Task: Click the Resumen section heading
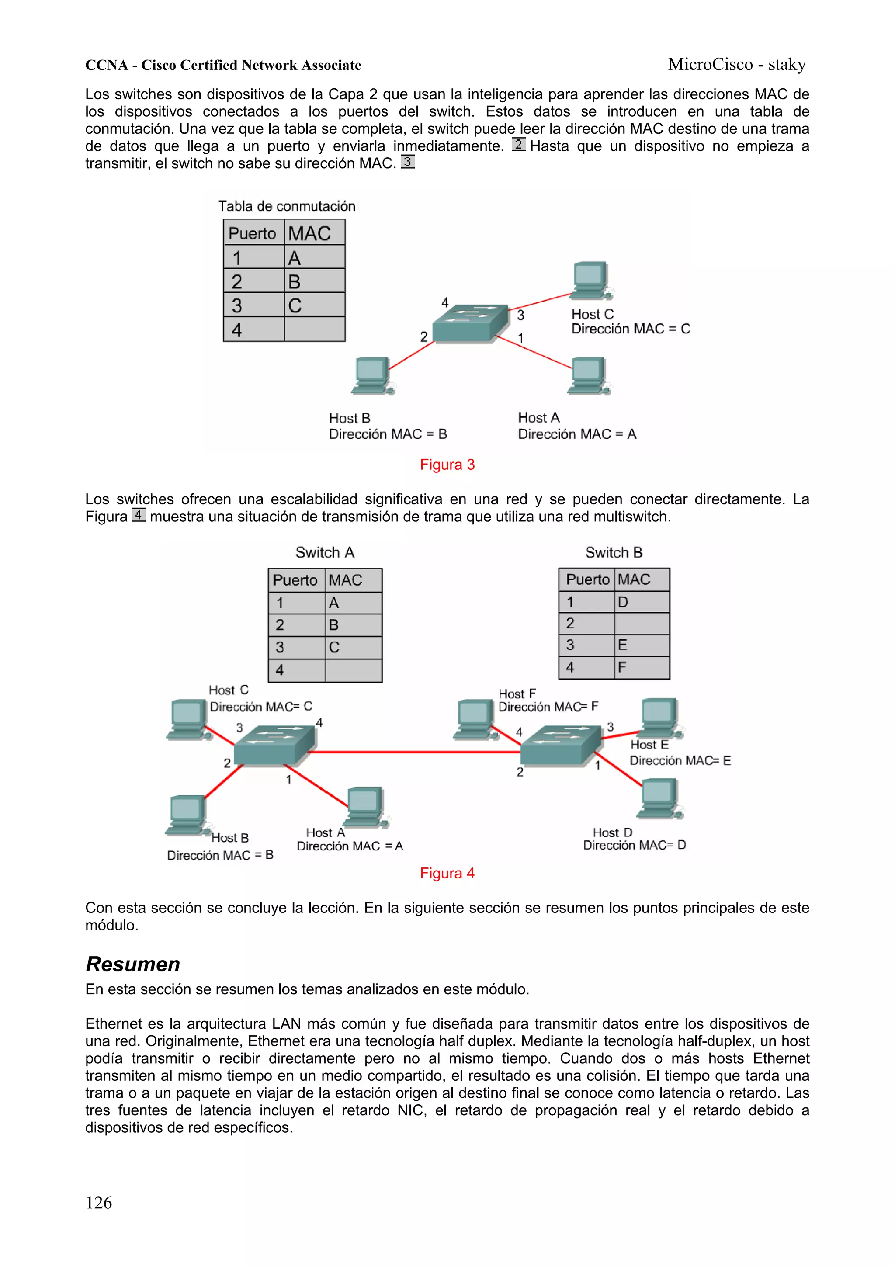point(133,964)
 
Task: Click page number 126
point(99,1202)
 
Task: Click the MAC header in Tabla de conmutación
point(310,233)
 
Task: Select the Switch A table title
point(325,552)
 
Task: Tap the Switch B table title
point(614,552)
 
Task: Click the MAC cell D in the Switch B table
point(642,602)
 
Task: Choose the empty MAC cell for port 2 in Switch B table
point(642,624)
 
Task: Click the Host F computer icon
point(474,718)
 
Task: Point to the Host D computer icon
point(660,798)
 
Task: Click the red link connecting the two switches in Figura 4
point(413,752)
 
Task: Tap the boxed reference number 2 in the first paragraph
point(518,145)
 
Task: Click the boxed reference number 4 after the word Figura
point(139,515)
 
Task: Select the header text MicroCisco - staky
point(737,65)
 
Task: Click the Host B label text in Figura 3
point(350,418)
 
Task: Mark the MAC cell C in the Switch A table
point(353,647)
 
